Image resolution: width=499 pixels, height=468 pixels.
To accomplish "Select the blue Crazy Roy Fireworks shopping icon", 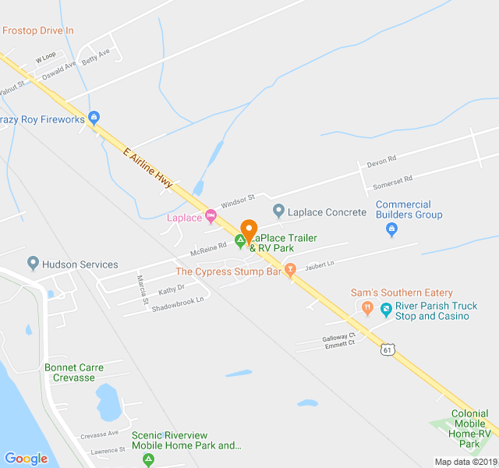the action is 94,119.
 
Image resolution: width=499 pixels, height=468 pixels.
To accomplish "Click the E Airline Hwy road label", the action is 147,168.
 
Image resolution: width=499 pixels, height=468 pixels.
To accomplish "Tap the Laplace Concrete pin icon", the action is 278,211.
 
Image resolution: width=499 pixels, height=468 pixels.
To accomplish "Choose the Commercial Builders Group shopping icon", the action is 392,229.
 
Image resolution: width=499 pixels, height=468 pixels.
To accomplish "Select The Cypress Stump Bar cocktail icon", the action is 291,271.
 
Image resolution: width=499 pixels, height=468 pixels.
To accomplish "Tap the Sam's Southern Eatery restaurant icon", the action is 367,307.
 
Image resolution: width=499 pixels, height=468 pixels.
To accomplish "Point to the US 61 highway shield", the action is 388,350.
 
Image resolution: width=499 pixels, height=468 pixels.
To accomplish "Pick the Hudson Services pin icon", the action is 33,263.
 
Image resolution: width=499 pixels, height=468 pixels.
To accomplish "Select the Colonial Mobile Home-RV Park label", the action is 469,428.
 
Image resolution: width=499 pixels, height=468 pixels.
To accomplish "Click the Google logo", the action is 26,459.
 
